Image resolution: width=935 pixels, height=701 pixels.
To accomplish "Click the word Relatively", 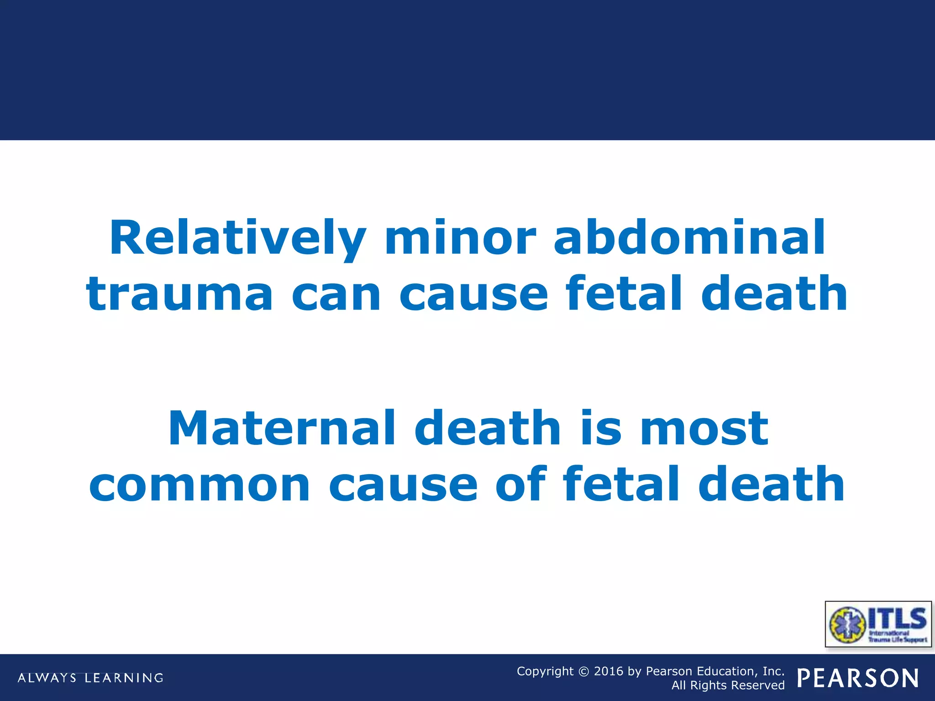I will pos(237,238).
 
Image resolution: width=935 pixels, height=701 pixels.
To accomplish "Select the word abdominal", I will pos(689,238).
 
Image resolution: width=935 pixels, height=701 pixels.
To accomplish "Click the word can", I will pos(336,294).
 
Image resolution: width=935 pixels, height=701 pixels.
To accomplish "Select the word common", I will pos(200,485).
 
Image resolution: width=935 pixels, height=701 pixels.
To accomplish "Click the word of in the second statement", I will pos(520,485).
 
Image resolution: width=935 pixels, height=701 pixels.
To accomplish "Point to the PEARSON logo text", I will pos(858,678).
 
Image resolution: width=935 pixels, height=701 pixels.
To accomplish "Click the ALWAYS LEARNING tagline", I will pos(90,678).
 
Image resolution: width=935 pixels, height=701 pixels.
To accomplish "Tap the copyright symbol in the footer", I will pos(583,672).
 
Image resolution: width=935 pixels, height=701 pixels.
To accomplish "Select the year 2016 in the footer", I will pos(608,671).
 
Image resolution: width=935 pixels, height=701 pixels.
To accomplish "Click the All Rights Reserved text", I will pos(728,685).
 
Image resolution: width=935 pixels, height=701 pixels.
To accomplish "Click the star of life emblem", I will pos(847,624).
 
